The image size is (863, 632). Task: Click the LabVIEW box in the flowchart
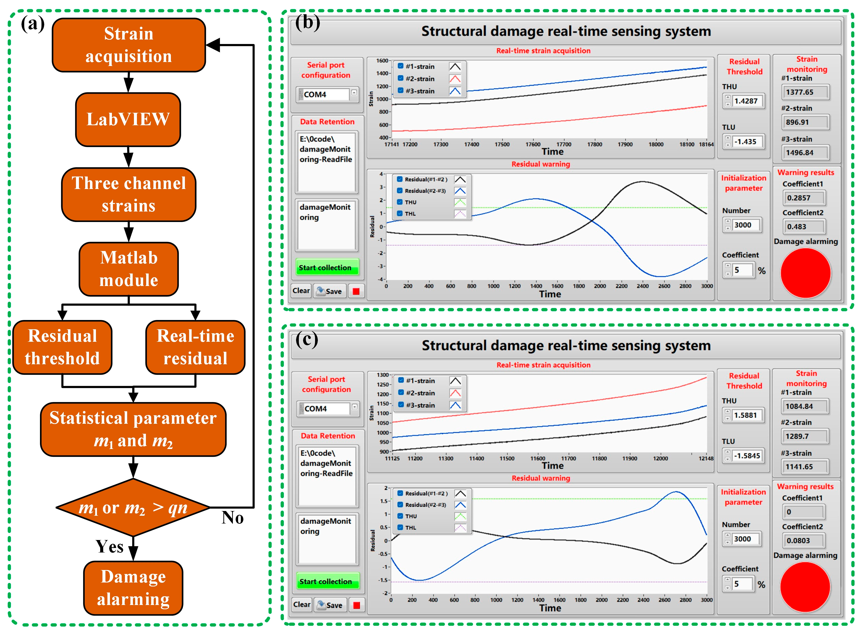(x=128, y=119)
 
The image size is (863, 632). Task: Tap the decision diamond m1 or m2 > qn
(x=133, y=508)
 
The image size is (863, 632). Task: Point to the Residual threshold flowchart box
(x=62, y=347)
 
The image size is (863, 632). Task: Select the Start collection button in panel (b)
(x=325, y=267)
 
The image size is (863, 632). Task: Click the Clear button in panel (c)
(x=302, y=604)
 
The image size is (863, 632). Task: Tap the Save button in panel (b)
(x=330, y=291)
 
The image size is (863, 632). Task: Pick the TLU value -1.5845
(x=746, y=456)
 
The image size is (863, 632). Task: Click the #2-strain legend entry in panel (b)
(x=420, y=79)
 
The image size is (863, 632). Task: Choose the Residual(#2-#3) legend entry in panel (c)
(x=425, y=505)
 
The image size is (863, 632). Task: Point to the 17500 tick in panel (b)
(x=502, y=144)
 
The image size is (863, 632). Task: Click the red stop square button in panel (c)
(x=356, y=605)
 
